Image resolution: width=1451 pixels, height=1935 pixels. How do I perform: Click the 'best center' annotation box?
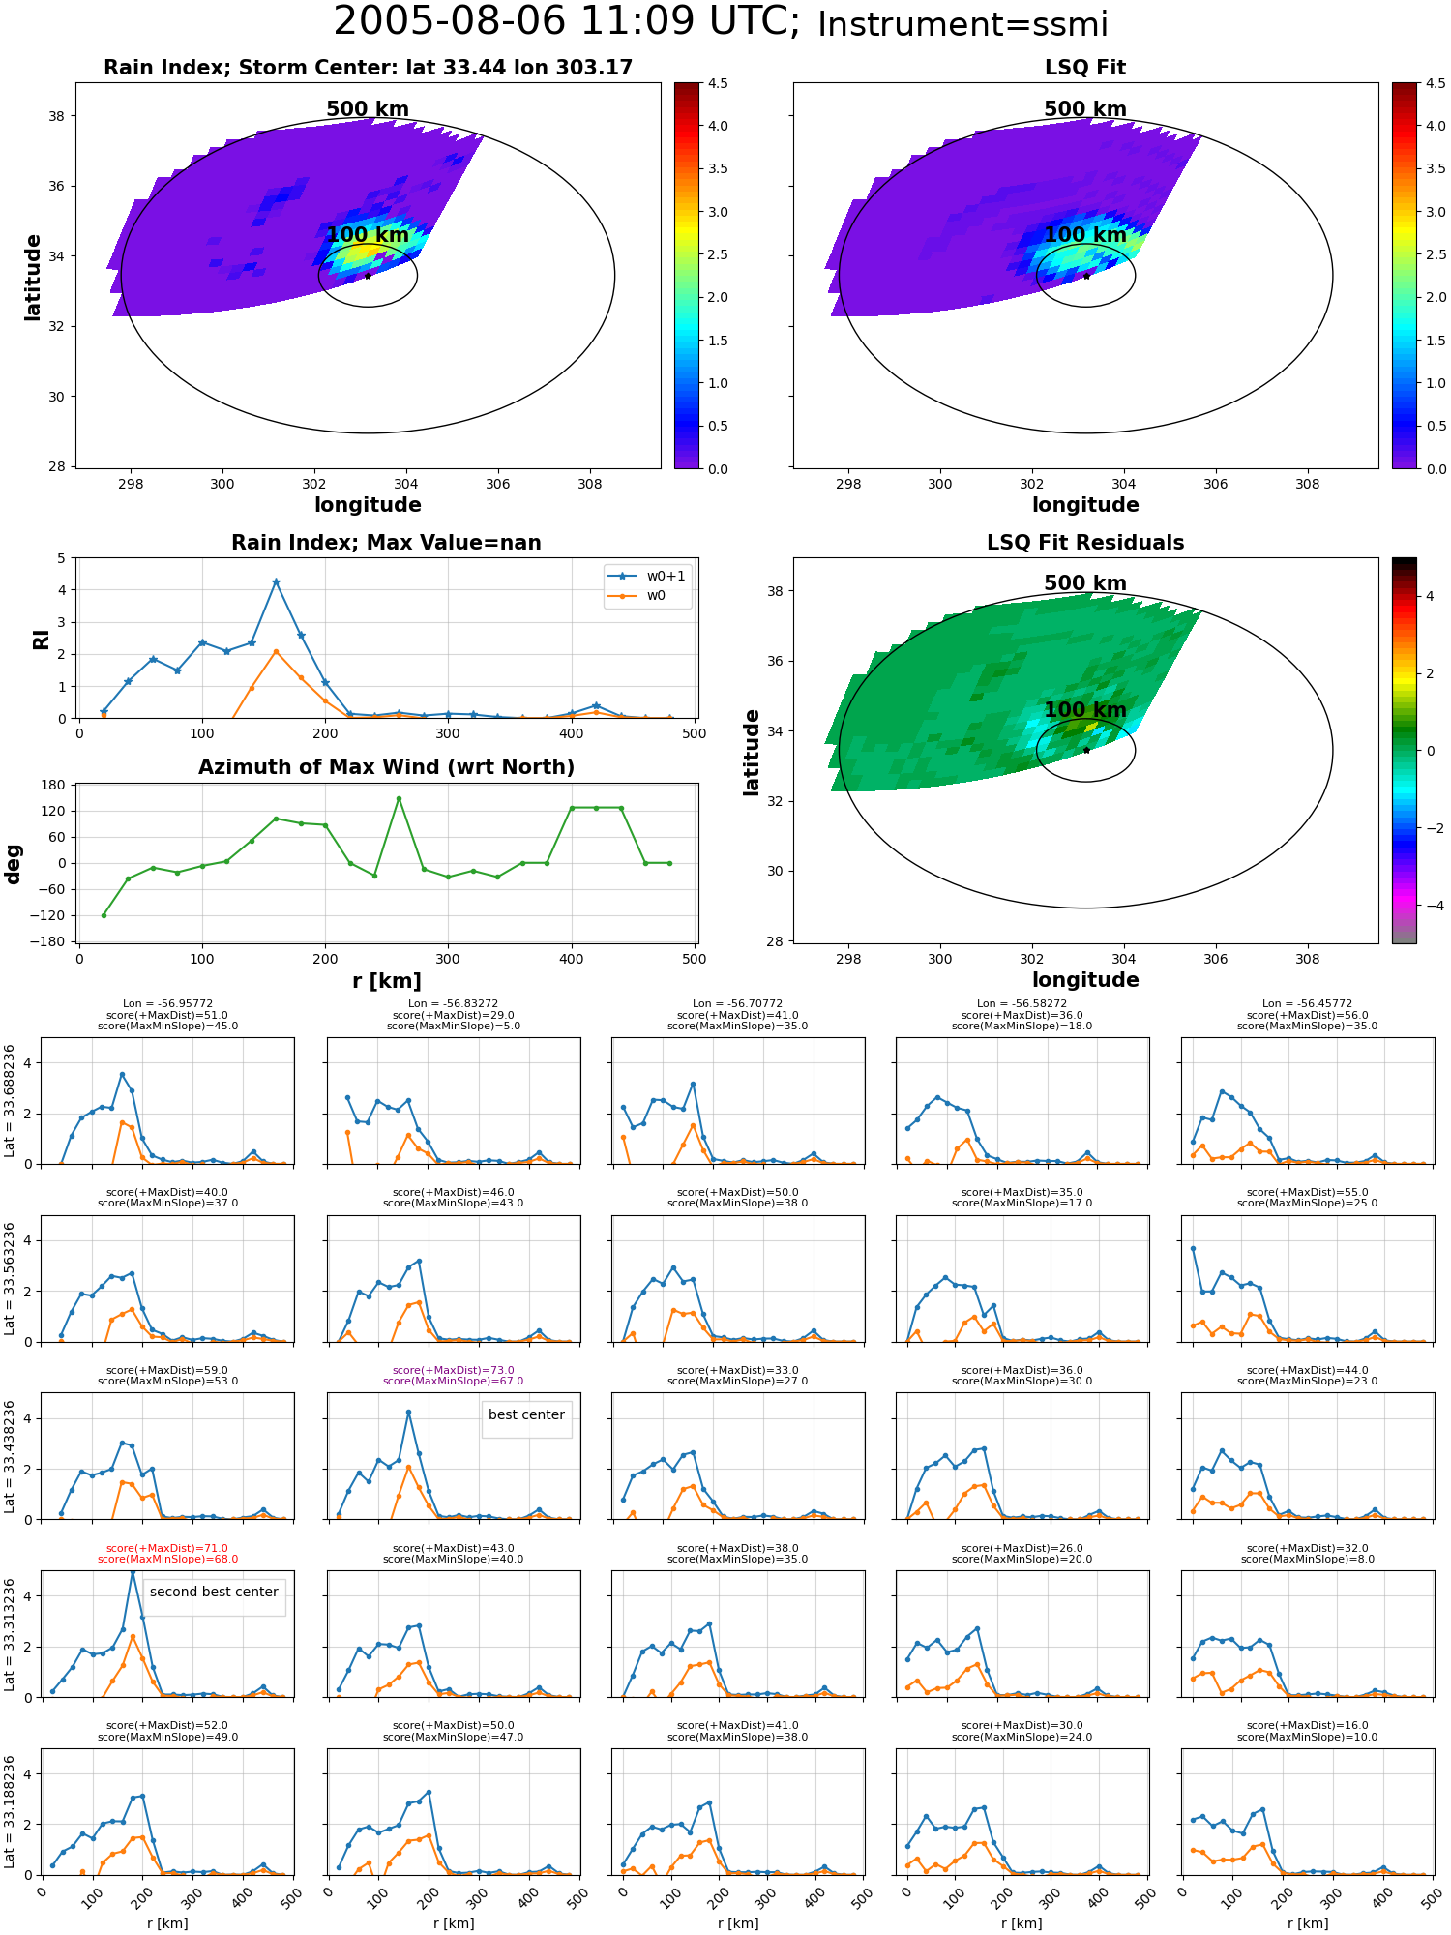tap(526, 1415)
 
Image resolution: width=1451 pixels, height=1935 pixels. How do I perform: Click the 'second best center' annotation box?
tap(214, 1593)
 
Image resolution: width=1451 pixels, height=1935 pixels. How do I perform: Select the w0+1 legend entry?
tap(647, 577)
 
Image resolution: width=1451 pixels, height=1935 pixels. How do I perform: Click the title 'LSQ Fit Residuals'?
tap(1085, 543)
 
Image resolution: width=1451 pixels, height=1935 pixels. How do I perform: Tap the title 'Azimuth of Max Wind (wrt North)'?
tap(386, 767)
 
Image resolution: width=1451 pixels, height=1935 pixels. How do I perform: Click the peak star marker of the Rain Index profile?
tap(276, 582)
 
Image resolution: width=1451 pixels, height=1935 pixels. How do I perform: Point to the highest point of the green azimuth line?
tap(399, 798)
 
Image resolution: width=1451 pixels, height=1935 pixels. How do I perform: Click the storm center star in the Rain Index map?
tap(368, 276)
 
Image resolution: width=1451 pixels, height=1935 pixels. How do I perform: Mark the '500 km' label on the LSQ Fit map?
tap(1085, 109)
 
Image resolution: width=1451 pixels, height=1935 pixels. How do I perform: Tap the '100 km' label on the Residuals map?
tap(1085, 710)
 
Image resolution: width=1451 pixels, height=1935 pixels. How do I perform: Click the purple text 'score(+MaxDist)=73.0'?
tap(454, 1370)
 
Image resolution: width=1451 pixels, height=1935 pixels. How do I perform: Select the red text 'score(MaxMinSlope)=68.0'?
tap(167, 1559)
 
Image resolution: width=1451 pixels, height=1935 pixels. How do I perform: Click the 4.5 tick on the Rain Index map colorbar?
tap(718, 84)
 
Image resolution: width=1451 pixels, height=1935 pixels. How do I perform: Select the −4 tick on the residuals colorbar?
tap(1430, 906)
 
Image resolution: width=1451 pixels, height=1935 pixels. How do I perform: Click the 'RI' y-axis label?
tap(41, 639)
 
